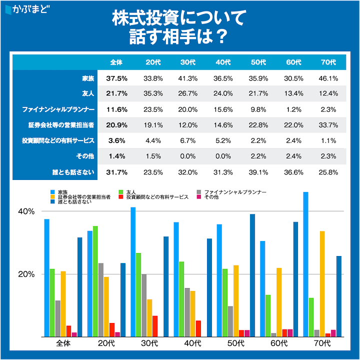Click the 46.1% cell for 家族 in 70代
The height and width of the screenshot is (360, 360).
tap(328, 78)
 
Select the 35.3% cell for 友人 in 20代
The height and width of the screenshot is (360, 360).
tap(153, 94)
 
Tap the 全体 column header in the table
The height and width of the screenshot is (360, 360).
tap(116, 62)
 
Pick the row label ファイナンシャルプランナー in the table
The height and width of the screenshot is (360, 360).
tap(59, 109)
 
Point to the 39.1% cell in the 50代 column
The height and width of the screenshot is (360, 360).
tap(258, 172)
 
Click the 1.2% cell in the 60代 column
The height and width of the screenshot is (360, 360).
tap(293, 109)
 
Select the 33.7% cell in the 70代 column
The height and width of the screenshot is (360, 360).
tap(328, 125)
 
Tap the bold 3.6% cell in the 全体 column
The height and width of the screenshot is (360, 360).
tap(116, 141)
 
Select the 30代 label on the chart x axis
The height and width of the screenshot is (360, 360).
tap(149, 344)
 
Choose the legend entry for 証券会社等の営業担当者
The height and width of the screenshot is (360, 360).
tap(80, 197)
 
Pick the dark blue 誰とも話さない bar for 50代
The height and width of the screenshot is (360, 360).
tap(252, 275)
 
